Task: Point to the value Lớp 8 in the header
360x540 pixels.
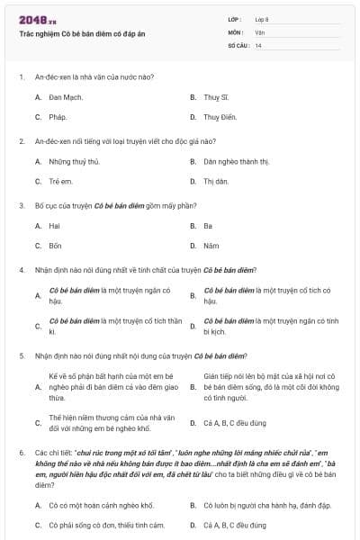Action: click(x=262, y=19)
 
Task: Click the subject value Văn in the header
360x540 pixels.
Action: click(x=259, y=31)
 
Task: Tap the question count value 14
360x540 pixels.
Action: click(x=258, y=44)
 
